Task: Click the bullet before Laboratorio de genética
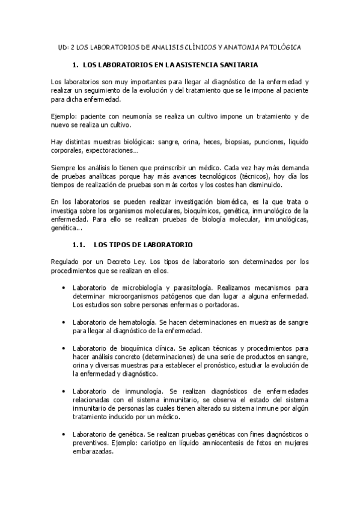64,434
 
